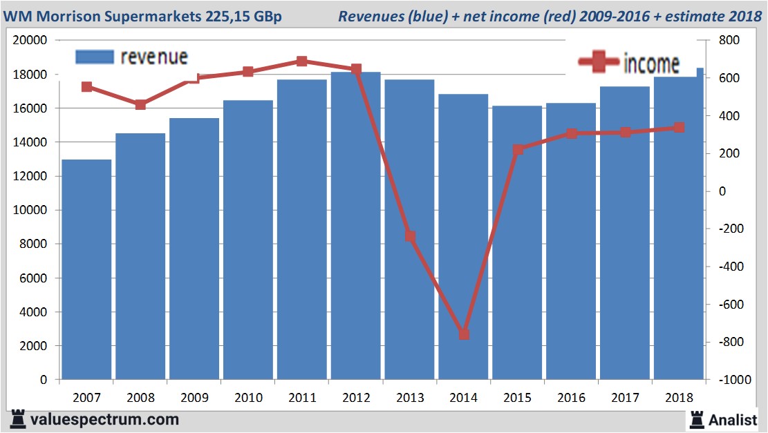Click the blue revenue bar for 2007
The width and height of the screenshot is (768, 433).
pos(86,269)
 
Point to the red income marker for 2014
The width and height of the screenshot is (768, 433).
pos(464,334)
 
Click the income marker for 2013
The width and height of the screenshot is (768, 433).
pos(410,236)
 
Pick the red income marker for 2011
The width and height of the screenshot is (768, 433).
pos(302,61)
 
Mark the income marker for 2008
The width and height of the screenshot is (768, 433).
pos(140,105)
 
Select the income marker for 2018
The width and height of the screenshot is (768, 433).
pos(679,128)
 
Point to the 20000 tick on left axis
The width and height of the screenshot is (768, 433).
pos(30,41)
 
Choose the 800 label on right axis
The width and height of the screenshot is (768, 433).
pos(729,41)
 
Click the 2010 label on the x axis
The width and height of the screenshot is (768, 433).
pos(248,398)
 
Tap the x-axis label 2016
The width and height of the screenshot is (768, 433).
pos(572,398)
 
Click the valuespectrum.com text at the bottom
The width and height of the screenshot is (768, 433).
pos(104,419)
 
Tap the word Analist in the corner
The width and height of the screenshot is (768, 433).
pos(733,418)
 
